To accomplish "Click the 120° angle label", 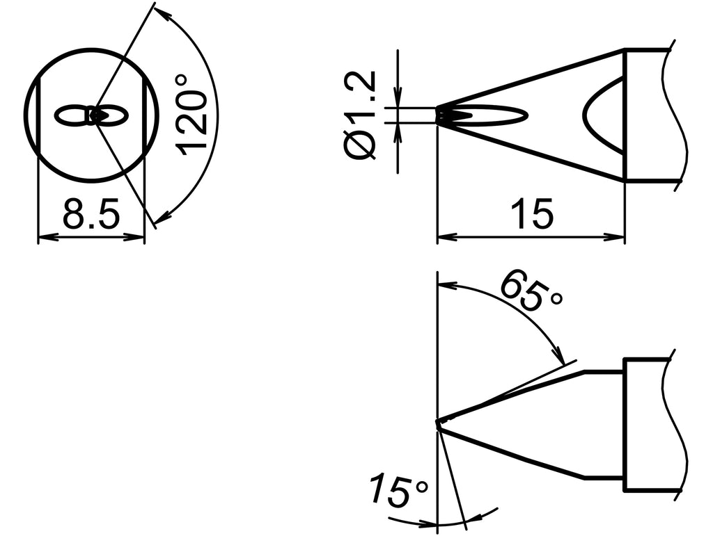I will click(x=192, y=113).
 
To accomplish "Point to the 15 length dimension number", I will click(x=531, y=214).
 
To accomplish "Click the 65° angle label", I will click(x=531, y=291).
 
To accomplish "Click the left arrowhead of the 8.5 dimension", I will click(x=42, y=238).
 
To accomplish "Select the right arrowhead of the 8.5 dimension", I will click(x=139, y=238).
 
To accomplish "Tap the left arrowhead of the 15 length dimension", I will click(x=443, y=237).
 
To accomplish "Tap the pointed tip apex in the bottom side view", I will click(x=438, y=422).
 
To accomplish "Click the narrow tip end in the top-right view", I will click(x=440, y=115).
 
